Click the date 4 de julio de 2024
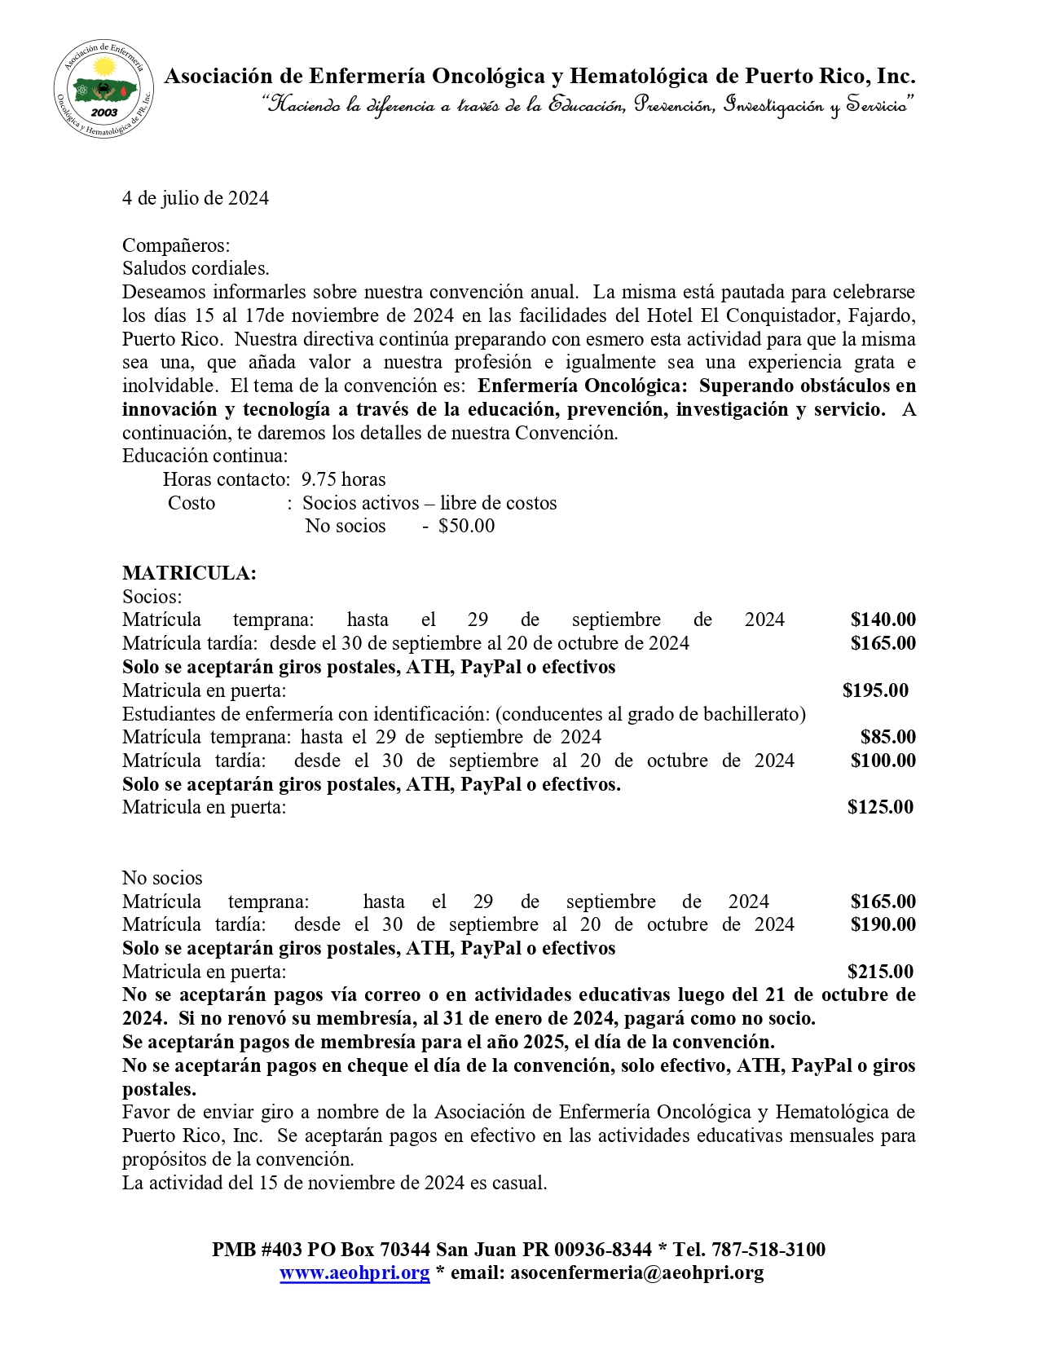pyautogui.click(x=196, y=199)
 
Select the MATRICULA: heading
pyautogui.click(x=189, y=574)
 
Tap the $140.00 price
pyautogui.click(x=883, y=620)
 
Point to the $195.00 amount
pyautogui.click(x=875, y=691)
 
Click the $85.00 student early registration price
pyautogui.click(x=887, y=738)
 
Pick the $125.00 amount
pyautogui.click(x=880, y=808)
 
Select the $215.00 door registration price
pyautogui.click(x=880, y=972)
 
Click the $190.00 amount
pyautogui.click(x=883, y=924)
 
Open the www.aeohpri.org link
pyautogui.click(x=354, y=1273)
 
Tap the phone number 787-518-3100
pyautogui.click(x=768, y=1250)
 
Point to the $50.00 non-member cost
pyautogui.click(x=466, y=526)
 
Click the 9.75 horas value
pyautogui.click(x=343, y=479)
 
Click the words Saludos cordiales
pyautogui.click(x=196, y=268)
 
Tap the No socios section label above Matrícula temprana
pyautogui.click(x=162, y=878)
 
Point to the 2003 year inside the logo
pyautogui.click(x=104, y=112)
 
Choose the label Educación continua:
pyautogui.click(x=205, y=456)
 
